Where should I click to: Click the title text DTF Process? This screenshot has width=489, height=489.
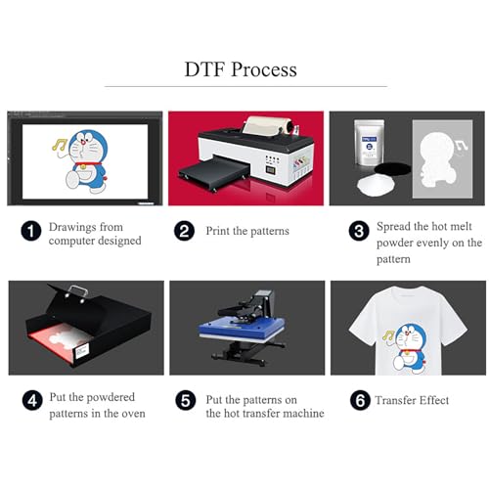[x=241, y=69]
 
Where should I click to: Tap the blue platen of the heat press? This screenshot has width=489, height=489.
[x=242, y=344]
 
